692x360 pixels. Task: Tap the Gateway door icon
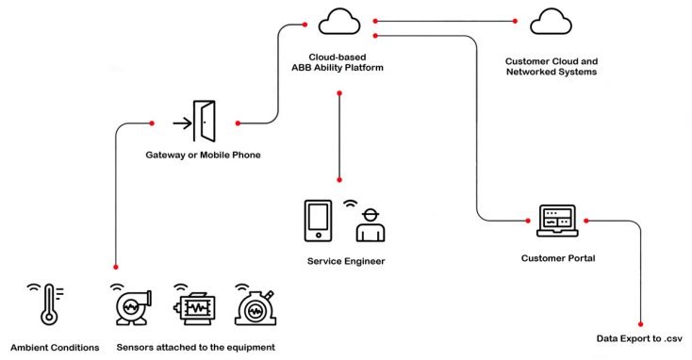click(x=205, y=122)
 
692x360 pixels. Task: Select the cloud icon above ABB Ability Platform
click(x=338, y=20)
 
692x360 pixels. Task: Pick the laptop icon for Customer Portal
click(x=556, y=221)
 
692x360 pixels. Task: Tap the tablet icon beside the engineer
click(x=318, y=219)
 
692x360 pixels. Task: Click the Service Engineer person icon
click(x=371, y=224)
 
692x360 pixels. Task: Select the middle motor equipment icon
click(x=194, y=307)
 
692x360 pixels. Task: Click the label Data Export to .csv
click(x=640, y=338)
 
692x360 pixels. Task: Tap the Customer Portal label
click(x=556, y=257)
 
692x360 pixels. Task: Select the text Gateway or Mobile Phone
click(x=204, y=155)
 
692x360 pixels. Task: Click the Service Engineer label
click(x=346, y=261)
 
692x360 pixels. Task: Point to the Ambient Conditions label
click(x=55, y=348)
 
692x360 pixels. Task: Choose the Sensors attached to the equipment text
click(x=196, y=348)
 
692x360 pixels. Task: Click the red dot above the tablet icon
click(x=338, y=179)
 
